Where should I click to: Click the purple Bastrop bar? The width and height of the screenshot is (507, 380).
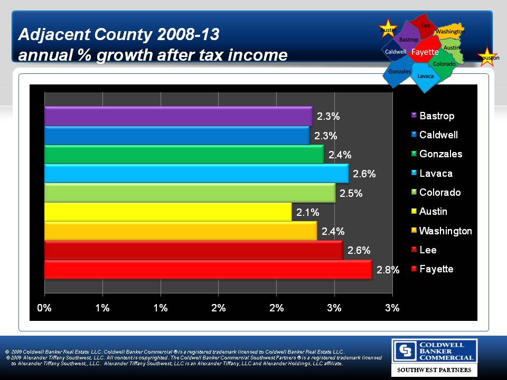click(x=178, y=116)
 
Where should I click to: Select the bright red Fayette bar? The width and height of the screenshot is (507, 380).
click(x=208, y=269)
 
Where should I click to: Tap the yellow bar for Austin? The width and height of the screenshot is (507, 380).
click(x=167, y=212)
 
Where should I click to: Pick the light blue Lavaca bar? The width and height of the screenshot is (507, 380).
click(x=196, y=174)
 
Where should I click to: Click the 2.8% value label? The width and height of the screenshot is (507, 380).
click(x=388, y=270)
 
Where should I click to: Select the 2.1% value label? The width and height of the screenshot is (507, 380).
click(x=307, y=213)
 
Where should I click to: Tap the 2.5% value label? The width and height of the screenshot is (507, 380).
click(x=351, y=193)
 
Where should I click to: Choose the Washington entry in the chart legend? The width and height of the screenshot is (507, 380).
click(x=445, y=231)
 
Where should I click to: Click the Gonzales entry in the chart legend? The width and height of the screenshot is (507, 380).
click(x=440, y=154)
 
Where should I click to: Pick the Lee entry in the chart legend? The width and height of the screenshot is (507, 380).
click(x=428, y=250)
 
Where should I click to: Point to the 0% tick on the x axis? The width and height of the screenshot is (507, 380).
click(x=44, y=308)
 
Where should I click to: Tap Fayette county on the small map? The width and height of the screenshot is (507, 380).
click(x=425, y=52)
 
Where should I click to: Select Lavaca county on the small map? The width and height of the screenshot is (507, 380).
click(x=425, y=75)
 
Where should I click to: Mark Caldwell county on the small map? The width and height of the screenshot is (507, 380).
click(x=396, y=52)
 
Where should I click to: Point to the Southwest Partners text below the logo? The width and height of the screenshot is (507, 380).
click(x=434, y=370)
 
